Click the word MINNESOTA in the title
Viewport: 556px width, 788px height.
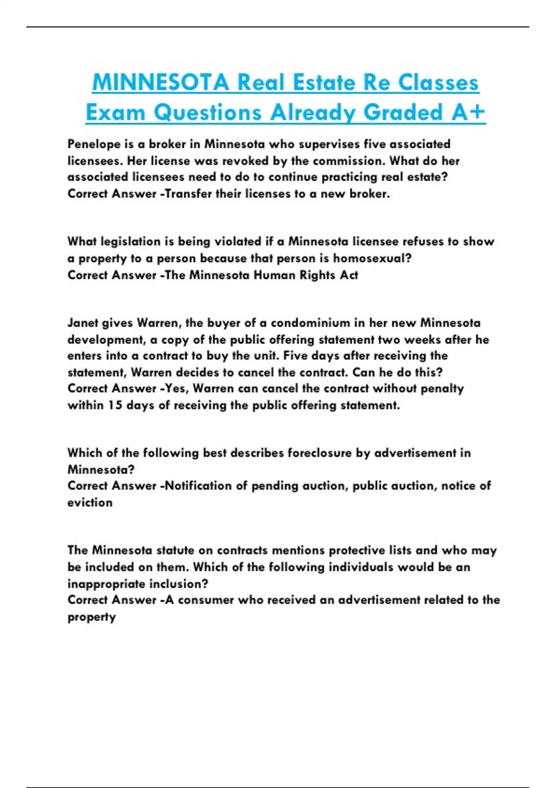click(x=160, y=83)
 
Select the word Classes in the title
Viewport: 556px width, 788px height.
click(x=438, y=83)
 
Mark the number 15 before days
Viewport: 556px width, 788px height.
click(x=115, y=405)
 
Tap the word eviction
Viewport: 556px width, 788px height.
click(x=90, y=502)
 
